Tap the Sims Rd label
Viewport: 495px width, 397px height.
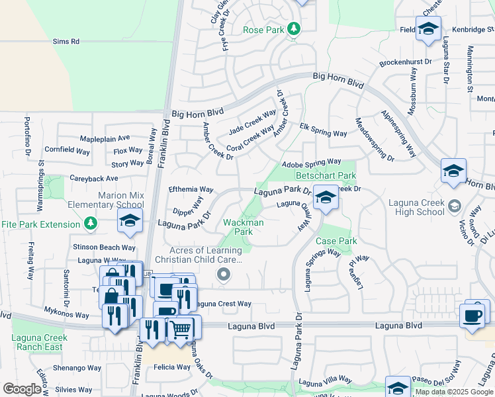[x=66, y=41]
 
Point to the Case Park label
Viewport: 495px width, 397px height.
[x=336, y=242]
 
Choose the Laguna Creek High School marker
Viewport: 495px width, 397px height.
[x=454, y=204]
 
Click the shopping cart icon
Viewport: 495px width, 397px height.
[x=181, y=328]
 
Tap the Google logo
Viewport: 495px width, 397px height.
[x=22, y=389]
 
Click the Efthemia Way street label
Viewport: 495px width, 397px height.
[x=191, y=189]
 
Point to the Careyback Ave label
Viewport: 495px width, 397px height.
[x=93, y=179]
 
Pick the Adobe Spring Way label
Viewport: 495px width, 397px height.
[x=311, y=161]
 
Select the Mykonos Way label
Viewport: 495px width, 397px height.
[x=67, y=315]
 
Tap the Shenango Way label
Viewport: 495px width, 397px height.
[x=77, y=367]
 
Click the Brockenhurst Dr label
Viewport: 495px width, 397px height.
[x=406, y=64]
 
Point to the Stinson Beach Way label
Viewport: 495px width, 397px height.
[x=105, y=247]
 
